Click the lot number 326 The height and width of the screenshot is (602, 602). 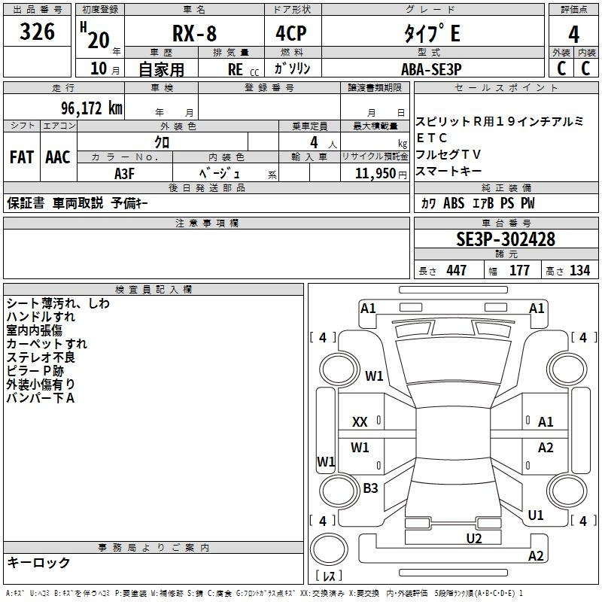[38, 32]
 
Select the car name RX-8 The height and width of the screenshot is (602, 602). [193, 34]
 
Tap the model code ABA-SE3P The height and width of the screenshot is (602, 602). [430, 68]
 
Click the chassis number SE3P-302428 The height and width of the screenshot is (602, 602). [506, 239]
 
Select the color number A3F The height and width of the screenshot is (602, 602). [125, 173]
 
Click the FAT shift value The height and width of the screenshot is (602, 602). [22, 157]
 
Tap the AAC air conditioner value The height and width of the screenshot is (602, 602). [58, 157]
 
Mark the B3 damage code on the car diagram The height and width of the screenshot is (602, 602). [370, 488]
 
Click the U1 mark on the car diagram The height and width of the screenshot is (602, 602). [536, 515]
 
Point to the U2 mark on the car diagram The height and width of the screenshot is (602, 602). [473, 538]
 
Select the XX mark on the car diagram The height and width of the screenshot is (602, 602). [360, 423]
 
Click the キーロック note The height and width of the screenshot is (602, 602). [38, 563]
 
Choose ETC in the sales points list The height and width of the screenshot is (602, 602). [432, 138]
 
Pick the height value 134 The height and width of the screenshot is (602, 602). [579, 271]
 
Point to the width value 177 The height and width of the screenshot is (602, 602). [519, 271]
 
